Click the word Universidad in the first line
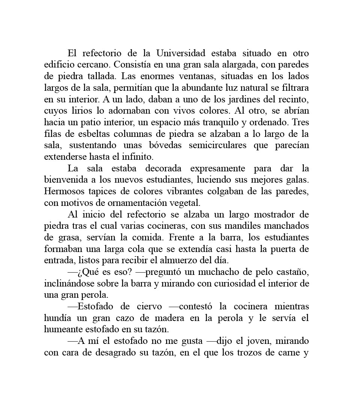point(181,53)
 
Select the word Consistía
point(131,64)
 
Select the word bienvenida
point(64,180)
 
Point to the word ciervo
point(149,306)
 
